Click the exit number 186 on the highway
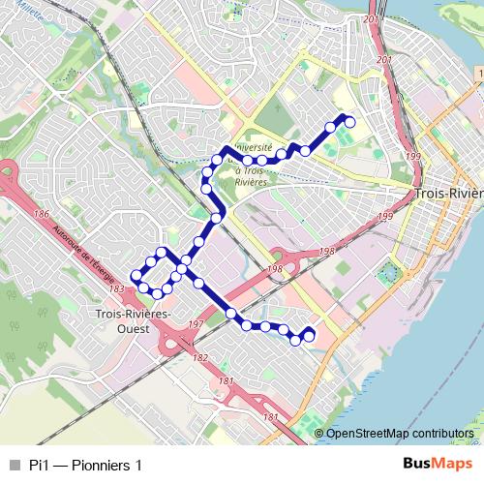click(x=41, y=214)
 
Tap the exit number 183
click(x=117, y=288)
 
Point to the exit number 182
click(x=200, y=358)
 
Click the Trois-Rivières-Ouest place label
click(x=135, y=320)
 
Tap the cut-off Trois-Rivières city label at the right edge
click(x=447, y=194)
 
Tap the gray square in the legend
click(x=13, y=465)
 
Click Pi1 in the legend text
click(x=39, y=465)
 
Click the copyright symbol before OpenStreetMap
click(x=318, y=434)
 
